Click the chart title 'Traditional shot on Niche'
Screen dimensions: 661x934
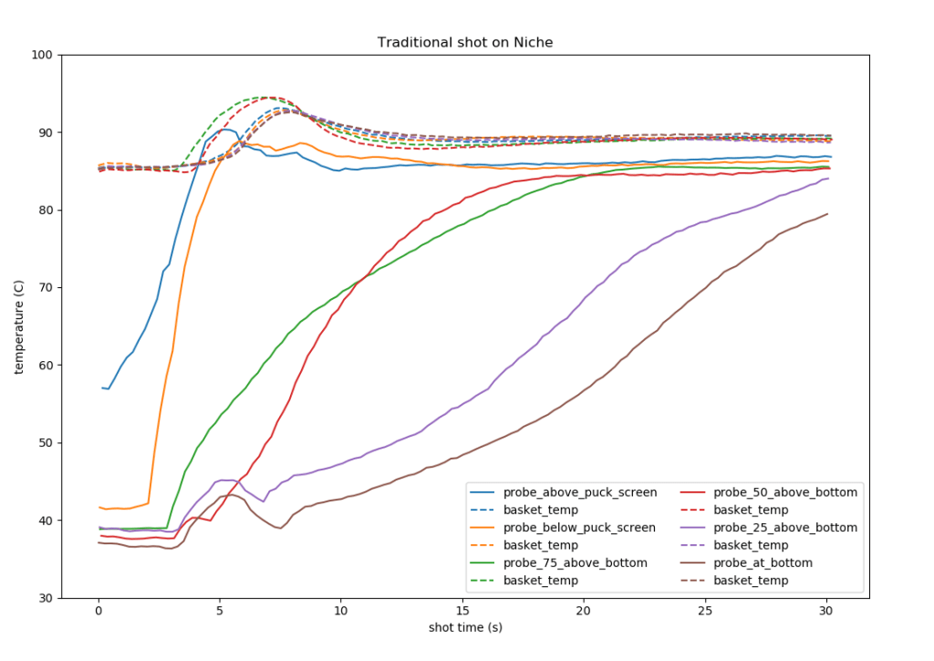click(x=465, y=43)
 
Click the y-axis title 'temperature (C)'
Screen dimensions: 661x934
click(x=19, y=326)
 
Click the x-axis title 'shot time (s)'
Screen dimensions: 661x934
click(x=465, y=627)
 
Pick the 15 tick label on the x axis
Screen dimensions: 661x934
click(x=462, y=611)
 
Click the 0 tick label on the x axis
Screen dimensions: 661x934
click(x=99, y=611)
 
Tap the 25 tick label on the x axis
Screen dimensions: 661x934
click(x=705, y=611)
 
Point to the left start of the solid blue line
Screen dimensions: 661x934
click(x=101, y=387)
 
